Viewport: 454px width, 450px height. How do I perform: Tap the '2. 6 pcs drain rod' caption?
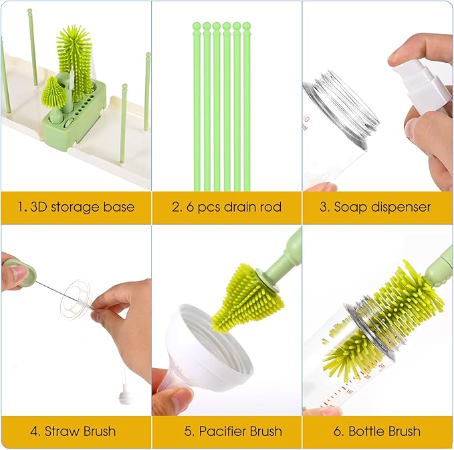pos(226,207)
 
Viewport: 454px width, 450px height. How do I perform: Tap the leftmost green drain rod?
pos(197,107)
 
